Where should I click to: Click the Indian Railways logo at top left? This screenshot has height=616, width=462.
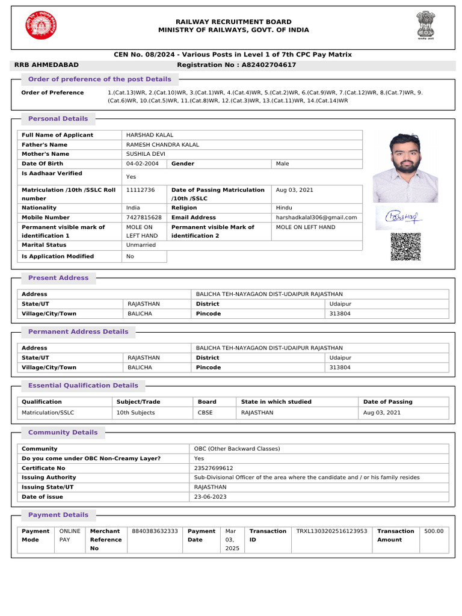(x=41, y=26)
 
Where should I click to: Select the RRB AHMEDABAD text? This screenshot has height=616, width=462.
(x=46, y=65)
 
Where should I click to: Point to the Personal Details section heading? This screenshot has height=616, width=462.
(x=58, y=119)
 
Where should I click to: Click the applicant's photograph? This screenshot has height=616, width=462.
(x=405, y=167)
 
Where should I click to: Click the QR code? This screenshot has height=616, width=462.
(x=405, y=247)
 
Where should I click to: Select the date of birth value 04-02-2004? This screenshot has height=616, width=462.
(x=142, y=164)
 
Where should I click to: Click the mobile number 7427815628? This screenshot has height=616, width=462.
(x=144, y=218)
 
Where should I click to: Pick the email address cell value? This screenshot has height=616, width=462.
(x=316, y=218)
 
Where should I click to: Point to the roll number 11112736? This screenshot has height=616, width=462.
(x=140, y=190)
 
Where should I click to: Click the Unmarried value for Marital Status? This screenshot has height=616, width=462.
(x=141, y=245)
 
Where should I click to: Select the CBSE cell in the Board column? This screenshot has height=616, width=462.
(x=205, y=413)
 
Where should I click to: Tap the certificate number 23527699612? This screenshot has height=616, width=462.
(x=213, y=468)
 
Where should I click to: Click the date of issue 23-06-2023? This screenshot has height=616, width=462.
(x=210, y=497)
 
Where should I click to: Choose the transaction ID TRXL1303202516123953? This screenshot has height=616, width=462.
(x=331, y=531)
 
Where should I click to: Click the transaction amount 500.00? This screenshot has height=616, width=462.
(x=434, y=531)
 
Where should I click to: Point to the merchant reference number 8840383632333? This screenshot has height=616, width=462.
(x=155, y=531)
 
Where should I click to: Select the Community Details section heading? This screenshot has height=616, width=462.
(x=63, y=433)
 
